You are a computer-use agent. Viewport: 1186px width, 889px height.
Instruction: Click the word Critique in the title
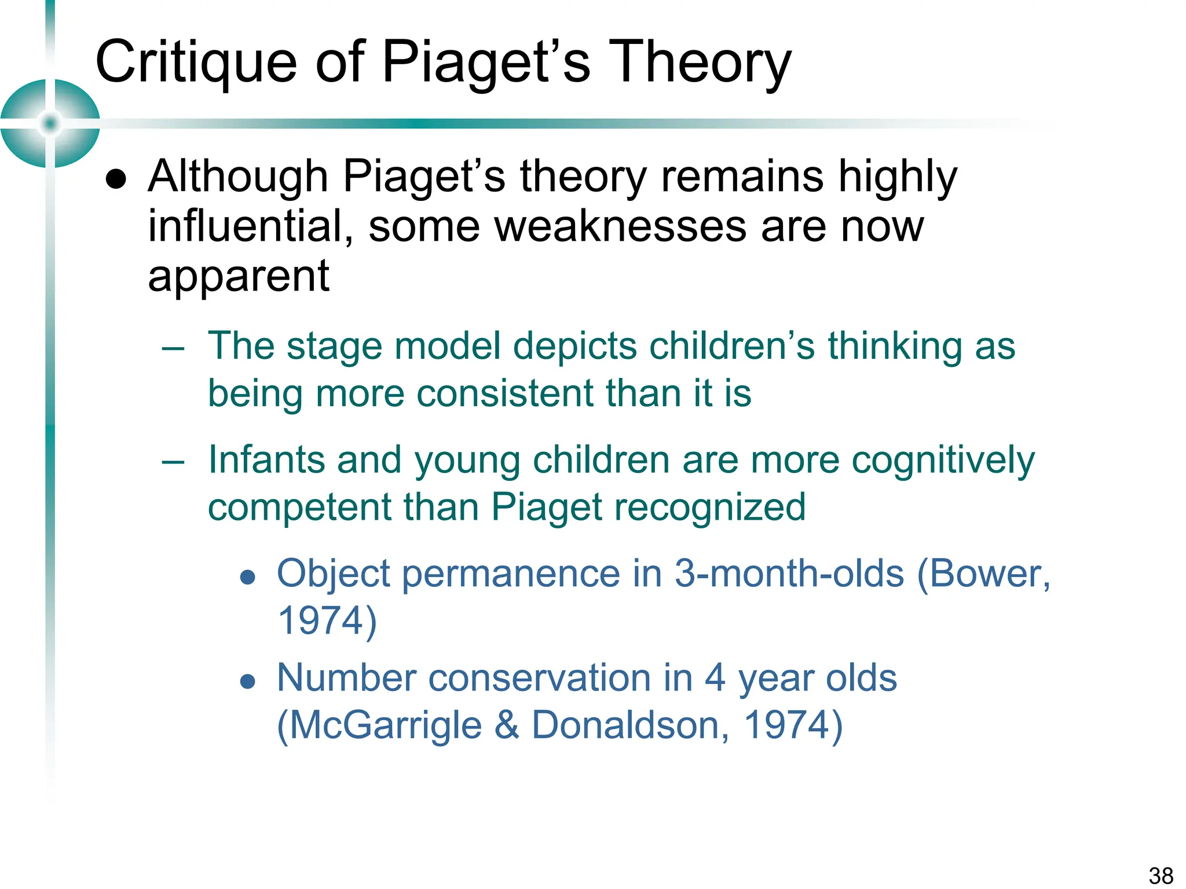tap(196, 63)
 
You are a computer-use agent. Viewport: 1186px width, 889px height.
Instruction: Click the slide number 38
tap(1161, 876)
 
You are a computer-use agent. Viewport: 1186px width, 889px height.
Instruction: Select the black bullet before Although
tap(116, 180)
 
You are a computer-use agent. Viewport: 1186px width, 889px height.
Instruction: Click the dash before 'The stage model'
tap(173, 349)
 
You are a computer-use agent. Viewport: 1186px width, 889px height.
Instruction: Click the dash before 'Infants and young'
tap(173, 462)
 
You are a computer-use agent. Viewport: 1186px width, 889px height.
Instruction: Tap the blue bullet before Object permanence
tap(248, 577)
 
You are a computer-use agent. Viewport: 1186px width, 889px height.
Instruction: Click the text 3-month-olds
tap(789, 574)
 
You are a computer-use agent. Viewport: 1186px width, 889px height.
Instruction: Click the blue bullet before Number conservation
tap(248, 682)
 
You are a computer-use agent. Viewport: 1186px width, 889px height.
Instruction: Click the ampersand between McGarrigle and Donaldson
tap(507, 725)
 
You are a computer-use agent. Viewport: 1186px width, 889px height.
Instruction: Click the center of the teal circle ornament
tap(50, 123)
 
